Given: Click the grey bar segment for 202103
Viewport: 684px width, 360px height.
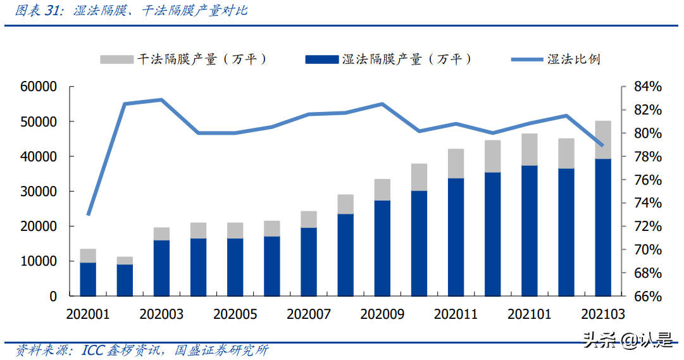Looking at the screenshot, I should (603, 139).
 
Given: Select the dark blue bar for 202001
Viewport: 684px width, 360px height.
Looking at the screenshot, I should (89, 279).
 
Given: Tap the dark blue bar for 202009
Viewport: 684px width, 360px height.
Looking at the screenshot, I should (382, 248).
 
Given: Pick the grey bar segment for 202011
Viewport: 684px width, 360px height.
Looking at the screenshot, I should (456, 163).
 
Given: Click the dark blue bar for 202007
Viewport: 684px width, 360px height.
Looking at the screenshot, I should (309, 261).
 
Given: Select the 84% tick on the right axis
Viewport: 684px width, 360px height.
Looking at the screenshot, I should (644, 87).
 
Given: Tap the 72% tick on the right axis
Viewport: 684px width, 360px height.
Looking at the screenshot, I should (644, 227).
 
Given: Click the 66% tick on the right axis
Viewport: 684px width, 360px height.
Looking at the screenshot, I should (644, 296).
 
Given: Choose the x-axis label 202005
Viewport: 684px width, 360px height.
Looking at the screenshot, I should (235, 314).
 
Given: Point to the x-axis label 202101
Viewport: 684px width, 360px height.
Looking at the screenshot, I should (529, 314).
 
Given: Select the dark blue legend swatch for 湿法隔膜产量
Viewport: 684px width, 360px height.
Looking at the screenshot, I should (321, 59).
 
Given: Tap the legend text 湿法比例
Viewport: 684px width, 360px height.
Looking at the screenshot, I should (574, 59).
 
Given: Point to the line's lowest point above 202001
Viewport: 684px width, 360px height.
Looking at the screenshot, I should (89, 214).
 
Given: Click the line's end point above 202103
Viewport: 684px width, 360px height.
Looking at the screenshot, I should (602, 146).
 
